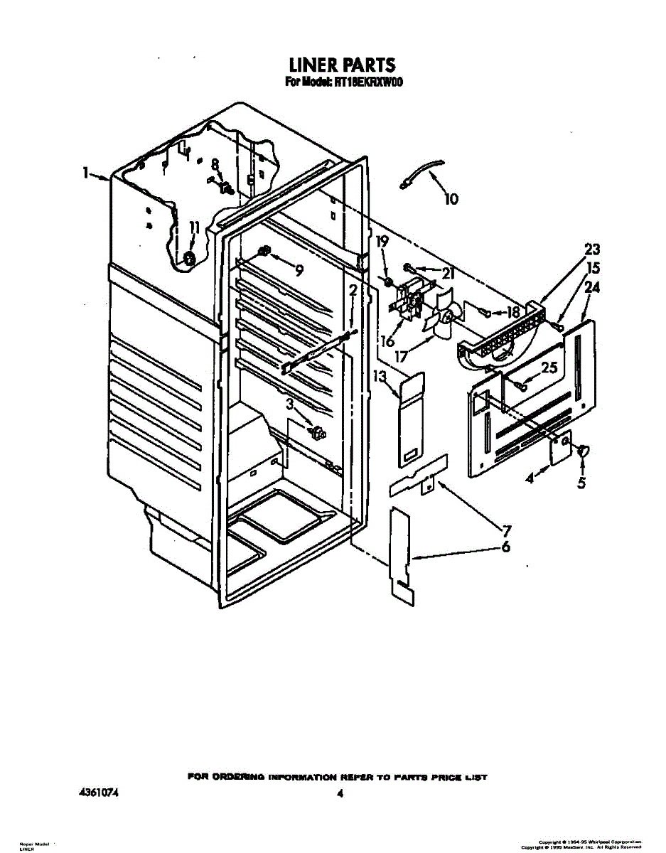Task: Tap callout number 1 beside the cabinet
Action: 85,173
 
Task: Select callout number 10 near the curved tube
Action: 451,200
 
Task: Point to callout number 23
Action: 592,250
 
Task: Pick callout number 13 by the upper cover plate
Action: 380,375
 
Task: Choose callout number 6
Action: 505,547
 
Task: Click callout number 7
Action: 507,530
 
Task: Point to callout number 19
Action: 382,242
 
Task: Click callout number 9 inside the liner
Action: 299,270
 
